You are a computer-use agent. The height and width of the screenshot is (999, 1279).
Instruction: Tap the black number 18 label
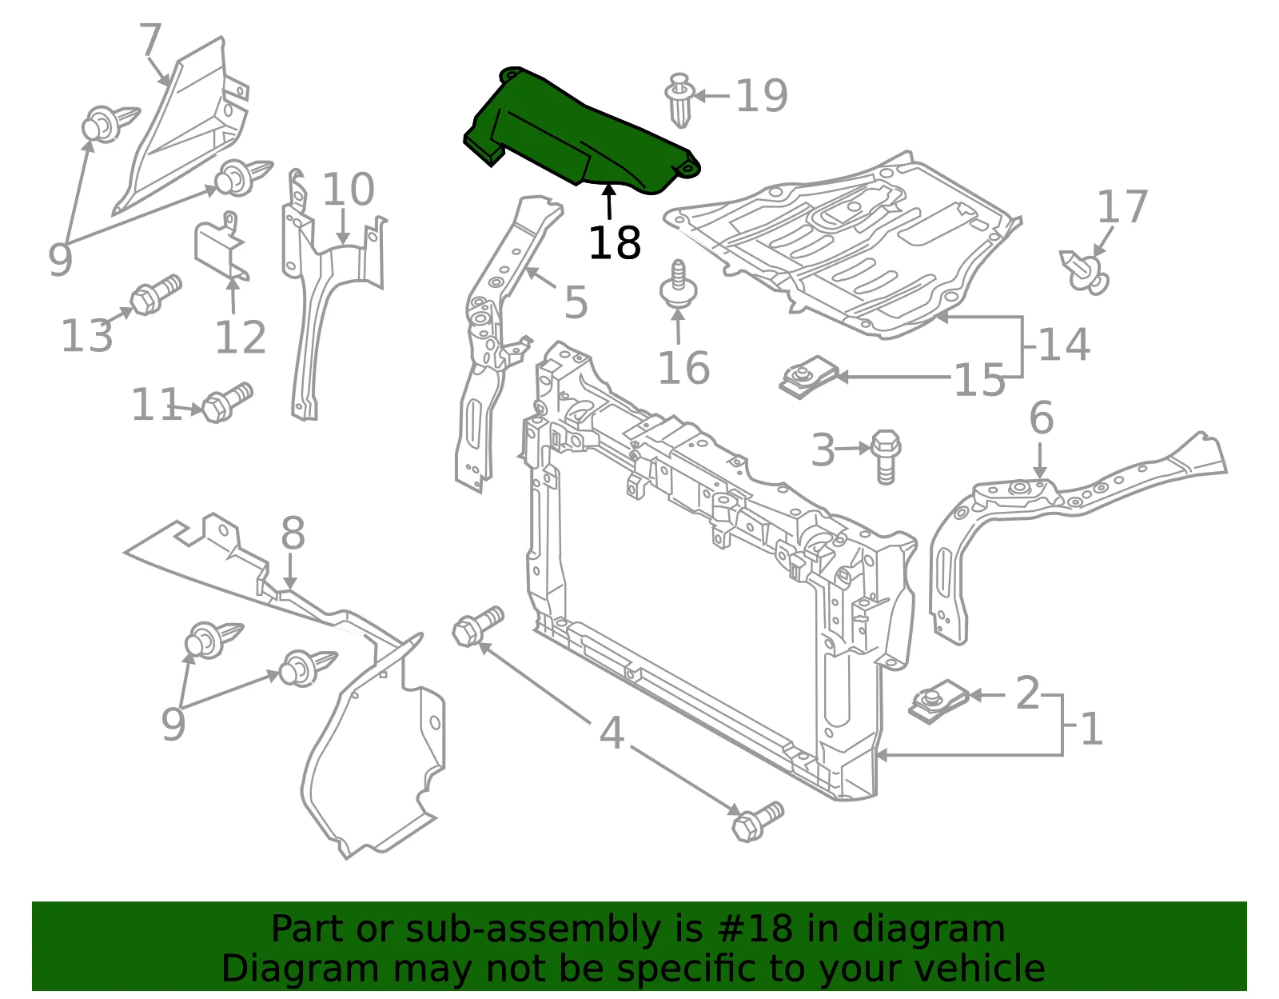[x=615, y=242]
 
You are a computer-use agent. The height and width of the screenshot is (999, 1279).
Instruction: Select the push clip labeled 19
[x=679, y=99]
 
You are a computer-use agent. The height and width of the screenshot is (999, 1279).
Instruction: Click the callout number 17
[x=1122, y=206]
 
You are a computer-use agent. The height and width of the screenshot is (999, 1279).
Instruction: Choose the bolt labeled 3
[x=885, y=456]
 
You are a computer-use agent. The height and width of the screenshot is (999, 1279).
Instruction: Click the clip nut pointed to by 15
[x=809, y=376]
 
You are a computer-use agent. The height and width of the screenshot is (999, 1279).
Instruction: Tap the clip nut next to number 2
[x=938, y=701]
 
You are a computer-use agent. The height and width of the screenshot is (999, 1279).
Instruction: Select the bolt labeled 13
[x=155, y=295]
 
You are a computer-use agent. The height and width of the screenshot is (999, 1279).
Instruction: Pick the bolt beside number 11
[x=227, y=402]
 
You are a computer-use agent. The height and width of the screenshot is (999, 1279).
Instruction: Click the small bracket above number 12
[x=221, y=246]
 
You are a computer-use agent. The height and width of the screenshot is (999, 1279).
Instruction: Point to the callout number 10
[x=349, y=190]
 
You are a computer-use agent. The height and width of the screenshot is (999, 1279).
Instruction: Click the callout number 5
[x=576, y=302]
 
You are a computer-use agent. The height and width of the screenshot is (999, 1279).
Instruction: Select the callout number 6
[x=1042, y=418]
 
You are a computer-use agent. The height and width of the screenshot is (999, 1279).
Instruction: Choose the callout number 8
[x=293, y=533]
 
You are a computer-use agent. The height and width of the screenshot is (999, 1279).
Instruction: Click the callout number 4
[x=612, y=733]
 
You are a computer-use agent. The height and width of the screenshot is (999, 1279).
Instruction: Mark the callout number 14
[x=1065, y=344]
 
